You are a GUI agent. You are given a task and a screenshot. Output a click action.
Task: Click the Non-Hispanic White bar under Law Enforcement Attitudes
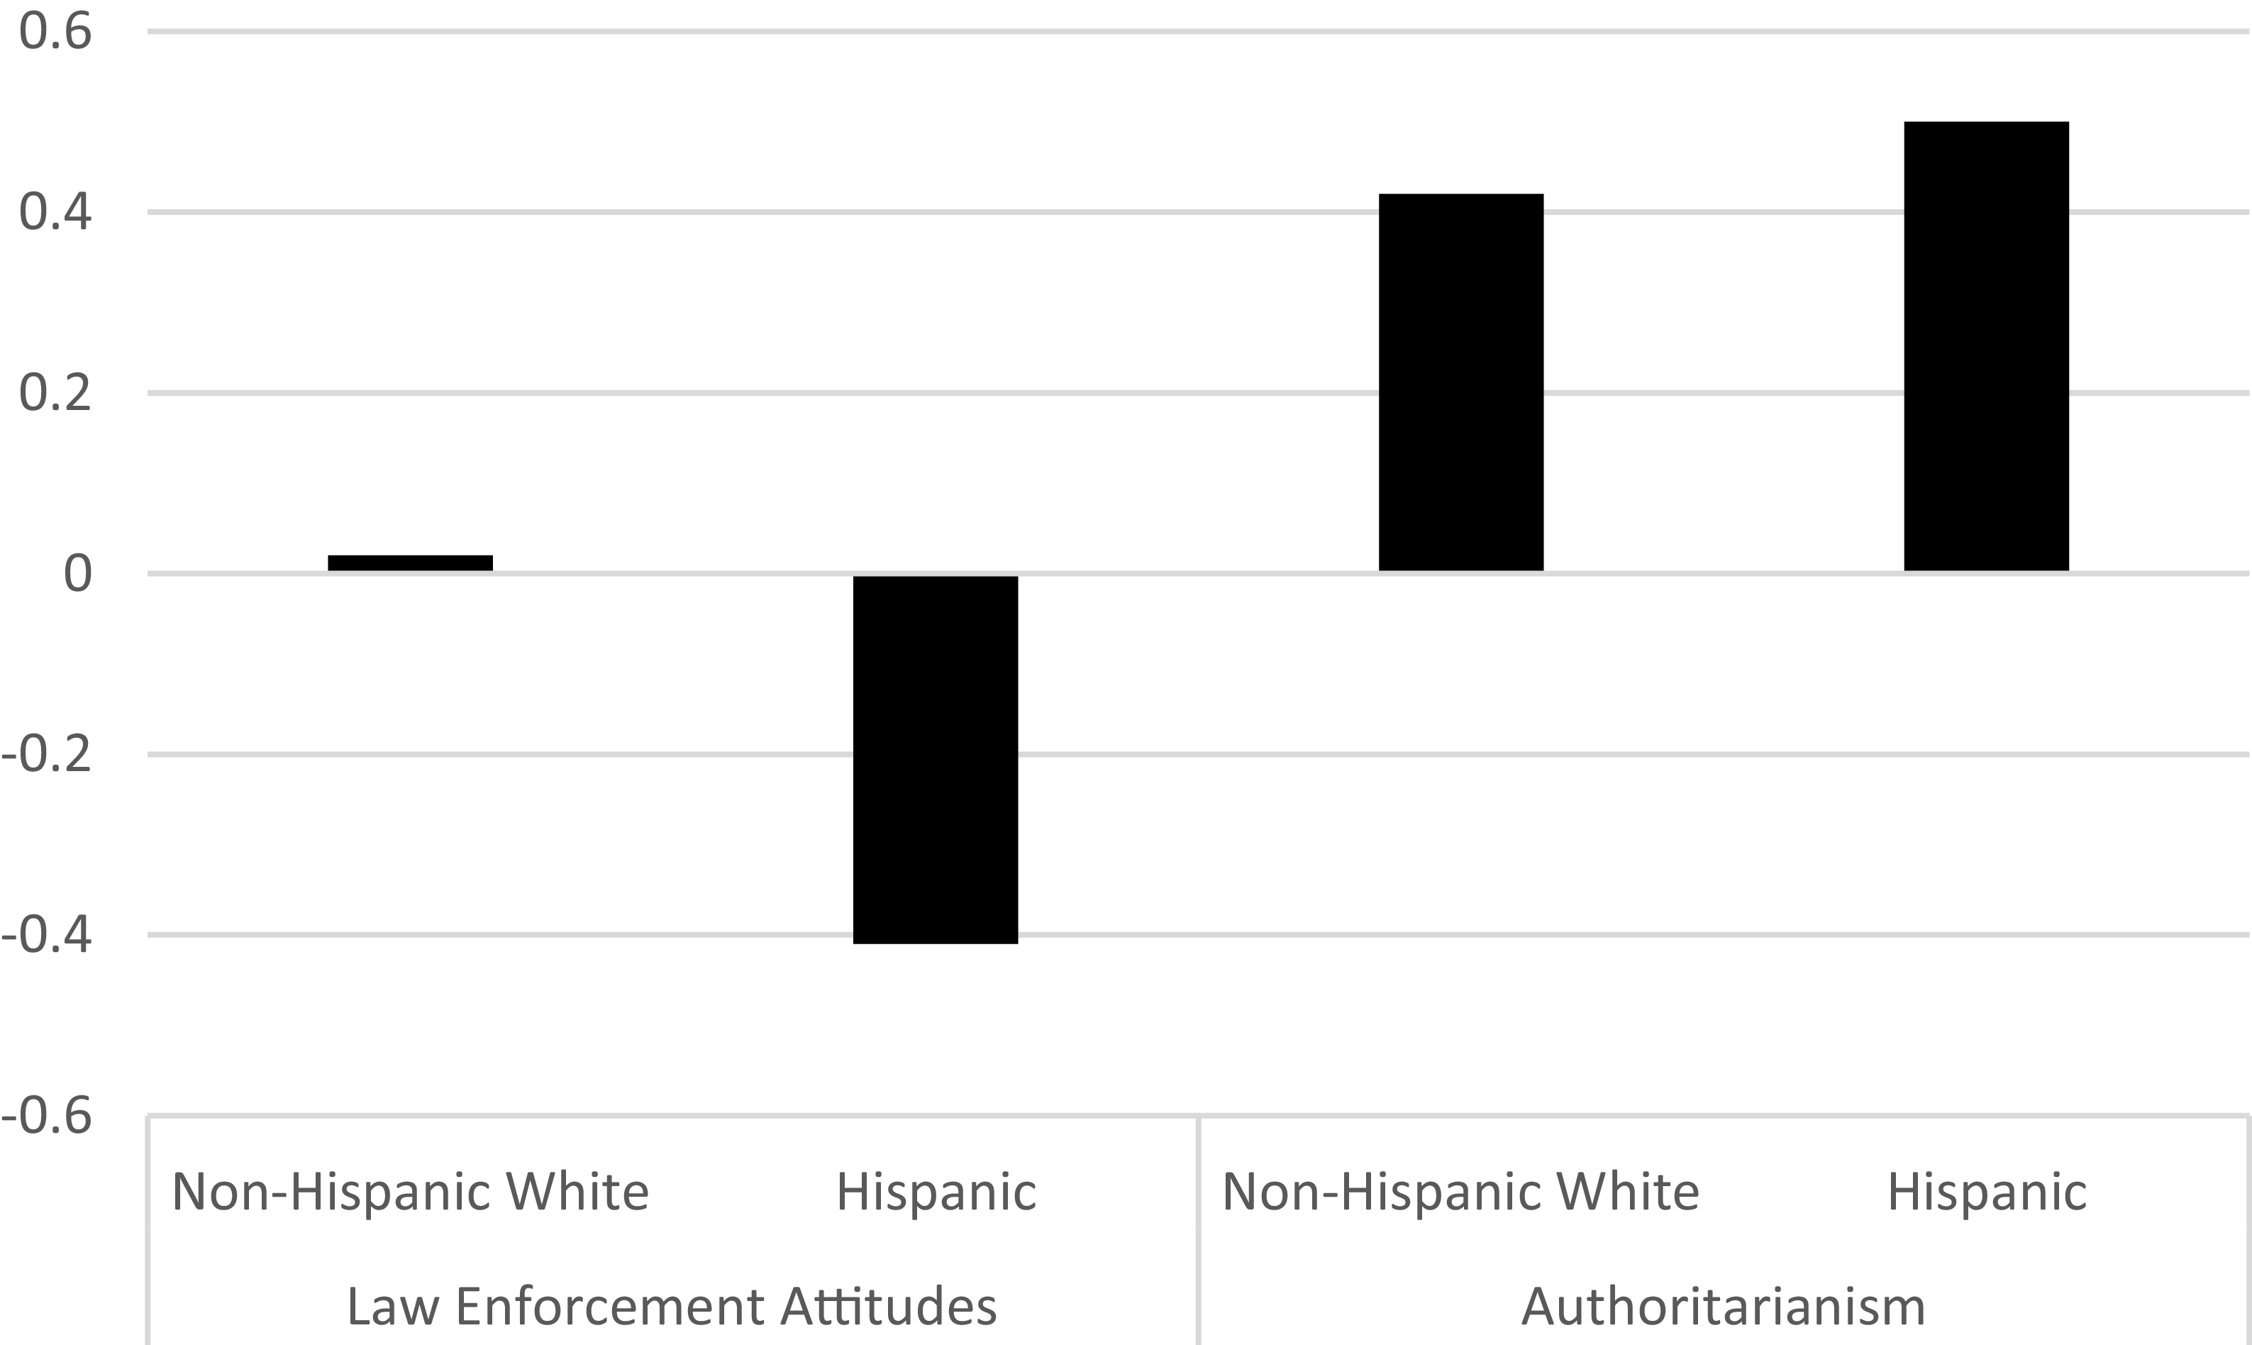(x=410, y=563)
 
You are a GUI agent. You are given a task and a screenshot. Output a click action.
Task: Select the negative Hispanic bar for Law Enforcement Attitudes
(x=936, y=760)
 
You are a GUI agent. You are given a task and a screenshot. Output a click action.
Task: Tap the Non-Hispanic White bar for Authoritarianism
(x=1461, y=382)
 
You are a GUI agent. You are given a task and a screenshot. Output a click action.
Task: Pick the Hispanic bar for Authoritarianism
(x=1987, y=345)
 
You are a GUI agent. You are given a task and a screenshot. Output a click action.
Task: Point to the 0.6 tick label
(x=55, y=32)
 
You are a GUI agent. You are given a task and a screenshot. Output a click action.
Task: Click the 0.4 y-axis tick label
(x=55, y=213)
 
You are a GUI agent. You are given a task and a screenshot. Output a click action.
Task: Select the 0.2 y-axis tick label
(x=55, y=393)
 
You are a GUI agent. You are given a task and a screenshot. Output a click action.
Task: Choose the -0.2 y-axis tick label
(x=47, y=754)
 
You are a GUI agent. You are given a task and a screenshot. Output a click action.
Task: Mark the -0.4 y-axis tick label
(x=47, y=934)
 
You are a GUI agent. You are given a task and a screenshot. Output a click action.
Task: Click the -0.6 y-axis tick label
(x=47, y=1114)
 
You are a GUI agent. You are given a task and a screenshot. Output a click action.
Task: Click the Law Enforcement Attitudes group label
(x=672, y=1306)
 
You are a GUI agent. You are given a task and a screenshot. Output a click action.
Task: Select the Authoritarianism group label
(x=1723, y=1306)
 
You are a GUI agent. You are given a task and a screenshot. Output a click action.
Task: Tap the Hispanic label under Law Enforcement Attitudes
(x=936, y=1192)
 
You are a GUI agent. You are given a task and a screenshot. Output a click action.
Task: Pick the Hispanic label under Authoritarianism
(x=1987, y=1192)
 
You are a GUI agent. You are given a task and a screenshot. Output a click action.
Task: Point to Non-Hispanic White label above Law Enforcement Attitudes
(x=410, y=1192)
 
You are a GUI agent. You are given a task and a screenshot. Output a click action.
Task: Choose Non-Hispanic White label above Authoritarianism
(x=1461, y=1192)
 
